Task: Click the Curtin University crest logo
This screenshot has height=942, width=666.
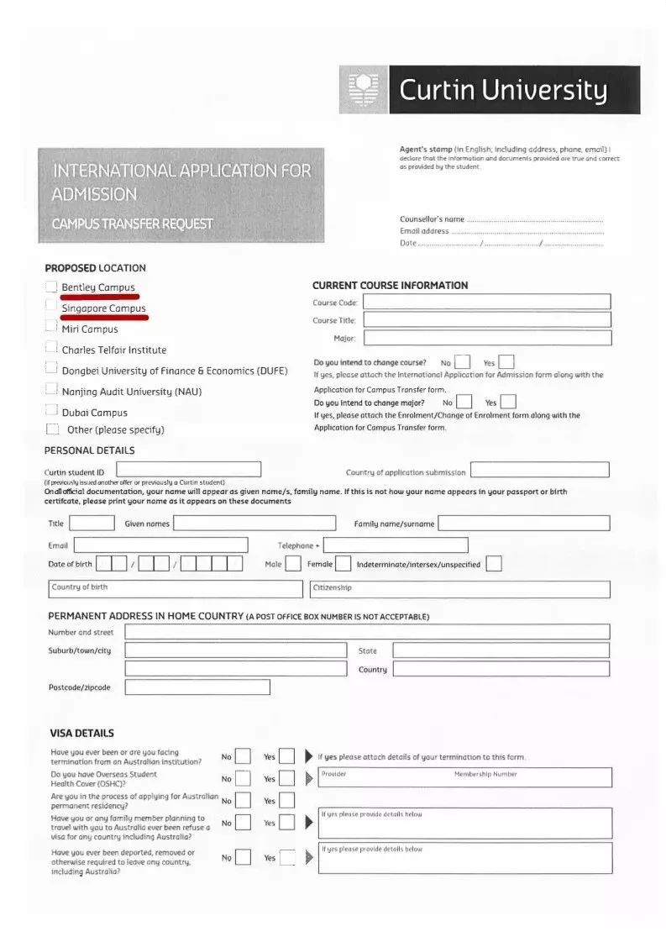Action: click(364, 90)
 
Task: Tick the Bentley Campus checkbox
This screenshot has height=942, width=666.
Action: click(52, 287)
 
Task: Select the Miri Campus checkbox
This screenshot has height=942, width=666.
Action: click(51, 329)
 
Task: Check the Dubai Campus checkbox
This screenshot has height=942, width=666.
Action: click(51, 412)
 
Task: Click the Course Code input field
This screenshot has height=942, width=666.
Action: click(486, 302)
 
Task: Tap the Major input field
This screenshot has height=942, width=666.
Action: click(486, 338)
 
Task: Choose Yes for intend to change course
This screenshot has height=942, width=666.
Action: click(506, 363)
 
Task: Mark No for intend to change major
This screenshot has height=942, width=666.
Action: click(464, 403)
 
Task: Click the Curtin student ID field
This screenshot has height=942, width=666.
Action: click(188, 470)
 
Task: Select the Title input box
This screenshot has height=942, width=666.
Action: click(97, 524)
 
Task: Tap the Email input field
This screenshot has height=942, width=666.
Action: click(160, 545)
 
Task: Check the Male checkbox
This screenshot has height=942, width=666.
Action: click(293, 564)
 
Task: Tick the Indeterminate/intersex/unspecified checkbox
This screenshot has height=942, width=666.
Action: click(494, 564)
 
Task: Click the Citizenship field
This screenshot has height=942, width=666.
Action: click(459, 589)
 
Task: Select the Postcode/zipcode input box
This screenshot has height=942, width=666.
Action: click(197, 687)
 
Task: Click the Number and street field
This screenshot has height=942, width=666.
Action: click(367, 632)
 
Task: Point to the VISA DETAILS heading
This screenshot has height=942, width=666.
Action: click(81, 733)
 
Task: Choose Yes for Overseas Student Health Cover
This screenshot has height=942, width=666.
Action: click(286, 779)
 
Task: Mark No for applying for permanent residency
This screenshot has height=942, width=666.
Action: click(243, 801)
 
